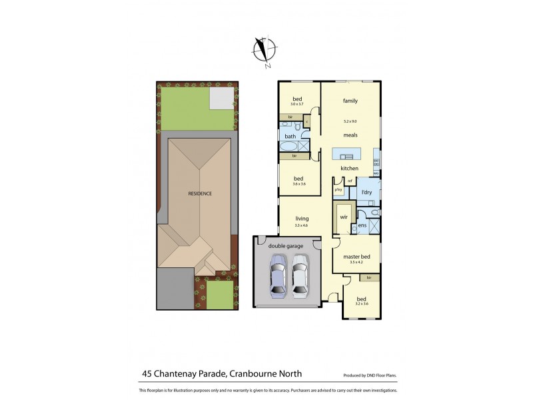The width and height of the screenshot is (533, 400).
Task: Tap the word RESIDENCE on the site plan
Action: tap(199, 194)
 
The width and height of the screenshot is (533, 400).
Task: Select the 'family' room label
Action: tap(350, 101)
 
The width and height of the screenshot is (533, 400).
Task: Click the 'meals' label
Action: tap(350, 135)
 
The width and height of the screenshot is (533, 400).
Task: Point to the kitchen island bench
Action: tap(345, 154)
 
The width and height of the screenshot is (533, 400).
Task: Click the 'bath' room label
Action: tap(290, 137)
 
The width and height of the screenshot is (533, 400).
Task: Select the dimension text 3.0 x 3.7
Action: tap(296, 105)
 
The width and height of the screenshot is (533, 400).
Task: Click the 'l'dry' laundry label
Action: tap(366, 193)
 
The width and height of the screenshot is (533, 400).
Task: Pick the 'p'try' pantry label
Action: tap(338, 190)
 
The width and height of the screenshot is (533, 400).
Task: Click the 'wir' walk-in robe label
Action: tap(344, 217)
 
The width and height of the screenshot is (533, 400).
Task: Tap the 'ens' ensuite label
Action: tap(362, 225)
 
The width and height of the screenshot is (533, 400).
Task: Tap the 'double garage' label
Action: tap(286, 246)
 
